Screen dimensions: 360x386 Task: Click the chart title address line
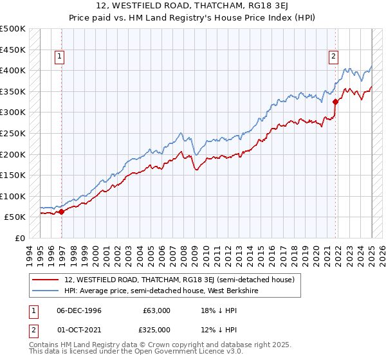pyautogui.click(x=192, y=6)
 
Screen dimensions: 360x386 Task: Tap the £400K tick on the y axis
pyautogui.click(x=13, y=70)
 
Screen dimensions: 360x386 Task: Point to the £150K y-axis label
pyautogui.click(x=13, y=175)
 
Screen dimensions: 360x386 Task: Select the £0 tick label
pyautogui.click(x=19, y=238)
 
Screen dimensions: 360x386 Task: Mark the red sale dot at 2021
pyautogui.click(x=335, y=102)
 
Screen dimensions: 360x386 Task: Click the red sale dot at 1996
pyautogui.click(x=61, y=211)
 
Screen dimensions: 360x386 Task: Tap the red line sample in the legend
pyautogui.click(x=46, y=280)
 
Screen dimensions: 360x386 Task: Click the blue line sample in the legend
pyautogui.click(x=46, y=290)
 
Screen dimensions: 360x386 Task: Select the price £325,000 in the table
pyautogui.click(x=157, y=330)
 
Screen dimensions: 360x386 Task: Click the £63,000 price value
pyautogui.click(x=157, y=310)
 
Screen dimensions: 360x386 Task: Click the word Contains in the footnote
pyautogui.click(x=44, y=346)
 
